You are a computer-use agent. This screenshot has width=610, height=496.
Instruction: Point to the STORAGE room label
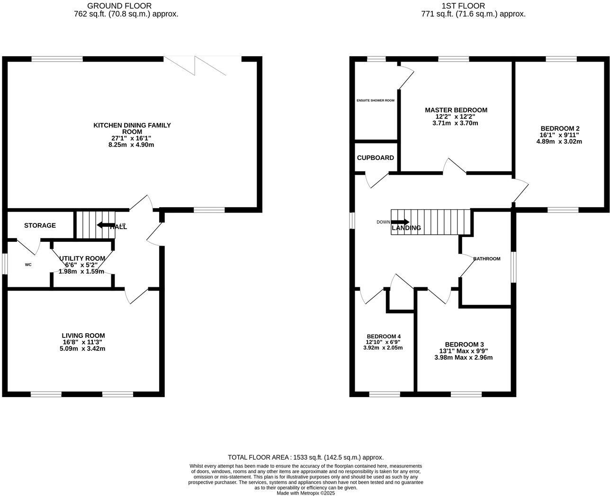click(x=40, y=225)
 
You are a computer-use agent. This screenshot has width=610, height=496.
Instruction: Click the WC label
click(x=28, y=265)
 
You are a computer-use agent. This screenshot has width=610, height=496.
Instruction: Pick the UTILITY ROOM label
click(x=82, y=258)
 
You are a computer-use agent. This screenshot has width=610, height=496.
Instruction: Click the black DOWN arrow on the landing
click(x=400, y=221)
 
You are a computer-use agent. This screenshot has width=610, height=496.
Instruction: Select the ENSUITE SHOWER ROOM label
click(x=375, y=100)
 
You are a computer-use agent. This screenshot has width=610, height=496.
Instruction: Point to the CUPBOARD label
click(x=375, y=158)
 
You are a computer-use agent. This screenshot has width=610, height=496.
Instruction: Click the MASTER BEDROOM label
click(x=456, y=110)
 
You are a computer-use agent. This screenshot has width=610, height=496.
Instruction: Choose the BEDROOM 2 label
click(x=560, y=128)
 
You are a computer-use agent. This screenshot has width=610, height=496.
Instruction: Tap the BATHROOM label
click(x=486, y=259)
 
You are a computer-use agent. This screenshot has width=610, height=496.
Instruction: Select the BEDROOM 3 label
click(x=464, y=345)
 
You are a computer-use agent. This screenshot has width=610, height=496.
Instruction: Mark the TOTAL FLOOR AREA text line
click(x=305, y=457)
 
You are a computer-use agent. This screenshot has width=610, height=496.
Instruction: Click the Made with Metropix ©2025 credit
click(x=305, y=493)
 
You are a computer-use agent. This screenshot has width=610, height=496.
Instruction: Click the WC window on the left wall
click(x=4, y=264)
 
